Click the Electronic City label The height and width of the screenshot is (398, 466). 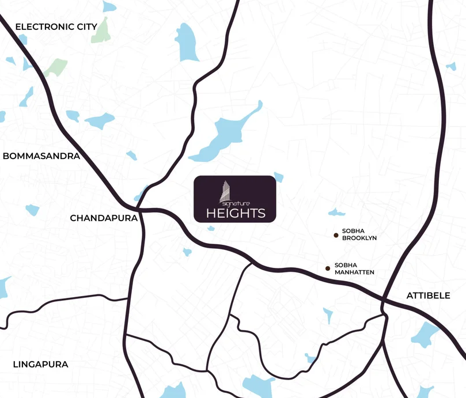(x=56, y=26)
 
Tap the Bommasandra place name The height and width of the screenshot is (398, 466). (x=41, y=156)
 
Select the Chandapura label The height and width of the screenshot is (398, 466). (x=104, y=218)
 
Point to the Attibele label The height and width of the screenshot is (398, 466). (x=428, y=295)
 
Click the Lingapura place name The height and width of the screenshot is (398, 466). (x=40, y=364)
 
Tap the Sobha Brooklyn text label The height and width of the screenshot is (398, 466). (x=359, y=233)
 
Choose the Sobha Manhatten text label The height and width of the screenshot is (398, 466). (x=354, y=268)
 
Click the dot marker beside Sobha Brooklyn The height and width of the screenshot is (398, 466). (x=336, y=235)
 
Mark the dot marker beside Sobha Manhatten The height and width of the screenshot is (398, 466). (x=328, y=268)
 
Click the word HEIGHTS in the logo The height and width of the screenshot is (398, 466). (x=236, y=213)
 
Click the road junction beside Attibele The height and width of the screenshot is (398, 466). (x=385, y=300)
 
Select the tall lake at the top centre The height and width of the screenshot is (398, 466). (x=187, y=41)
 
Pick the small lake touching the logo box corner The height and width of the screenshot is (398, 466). (x=279, y=177)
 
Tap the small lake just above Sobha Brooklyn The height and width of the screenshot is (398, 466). (x=333, y=212)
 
